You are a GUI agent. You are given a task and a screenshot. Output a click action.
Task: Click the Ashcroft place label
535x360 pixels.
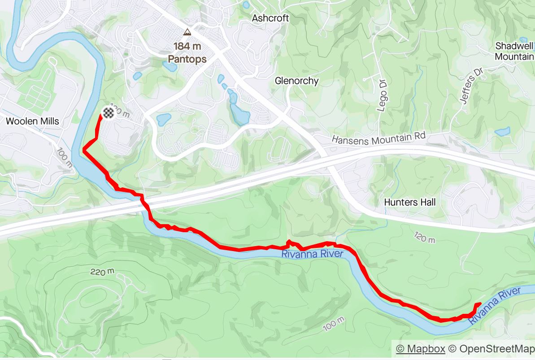[270, 18]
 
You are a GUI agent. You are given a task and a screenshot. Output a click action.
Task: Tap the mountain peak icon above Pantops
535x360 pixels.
[187, 32]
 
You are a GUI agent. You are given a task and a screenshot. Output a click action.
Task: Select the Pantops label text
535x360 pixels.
[187, 59]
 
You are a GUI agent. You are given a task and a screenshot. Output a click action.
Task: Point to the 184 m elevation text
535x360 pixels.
[187, 46]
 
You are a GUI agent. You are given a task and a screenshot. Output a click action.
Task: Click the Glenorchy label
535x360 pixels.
[296, 81]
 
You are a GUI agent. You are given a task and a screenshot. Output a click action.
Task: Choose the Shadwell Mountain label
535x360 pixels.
[514, 51]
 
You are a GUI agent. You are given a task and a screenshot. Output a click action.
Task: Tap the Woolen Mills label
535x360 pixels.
[32, 121]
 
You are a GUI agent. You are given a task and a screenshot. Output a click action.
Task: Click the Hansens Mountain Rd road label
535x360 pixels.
[378, 138]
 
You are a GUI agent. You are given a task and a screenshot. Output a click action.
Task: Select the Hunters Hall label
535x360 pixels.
[410, 202]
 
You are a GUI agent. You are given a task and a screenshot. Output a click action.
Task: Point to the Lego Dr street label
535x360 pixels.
[382, 97]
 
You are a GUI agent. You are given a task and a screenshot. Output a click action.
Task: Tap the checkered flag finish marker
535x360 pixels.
[108, 113]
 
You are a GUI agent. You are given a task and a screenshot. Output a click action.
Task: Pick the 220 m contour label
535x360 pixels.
[102, 272]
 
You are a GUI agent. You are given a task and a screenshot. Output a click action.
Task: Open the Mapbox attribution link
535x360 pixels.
[420, 349]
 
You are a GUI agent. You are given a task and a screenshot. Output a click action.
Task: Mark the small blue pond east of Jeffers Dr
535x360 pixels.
[502, 132]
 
